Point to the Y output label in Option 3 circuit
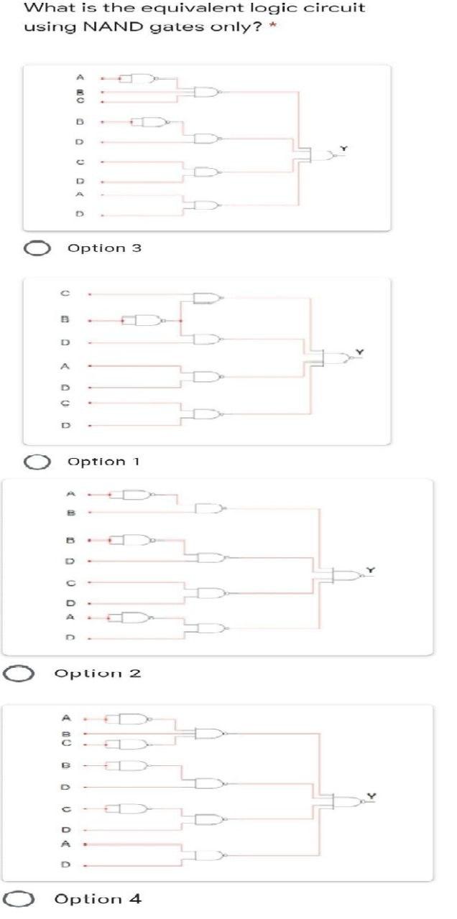point(343,148)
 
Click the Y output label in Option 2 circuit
point(371,569)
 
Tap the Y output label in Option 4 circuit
point(371,796)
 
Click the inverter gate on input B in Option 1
point(147,319)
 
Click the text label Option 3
point(104,248)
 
